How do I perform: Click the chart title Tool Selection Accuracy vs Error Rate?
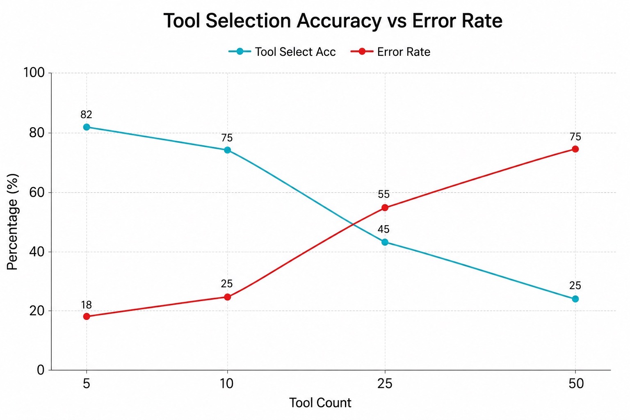pyautogui.click(x=333, y=21)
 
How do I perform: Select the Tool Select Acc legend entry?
pyautogui.click(x=282, y=52)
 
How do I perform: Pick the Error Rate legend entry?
pyautogui.click(x=390, y=52)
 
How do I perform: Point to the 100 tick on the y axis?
pyautogui.click(x=34, y=73)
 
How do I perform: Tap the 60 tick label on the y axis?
pyautogui.click(x=37, y=192)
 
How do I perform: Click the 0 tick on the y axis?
pyautogui.click(x=41, y=370)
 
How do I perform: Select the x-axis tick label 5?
pyautogui.click(x=87, y=384)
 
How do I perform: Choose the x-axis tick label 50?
pyautogui.click(x=576, y=384)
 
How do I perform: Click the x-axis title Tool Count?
pyautogui.click(x=320, y=403)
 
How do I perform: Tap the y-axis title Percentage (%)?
pyautogui.click(x=12, y=221)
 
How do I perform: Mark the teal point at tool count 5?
pyautogui.click(x=87, y=127)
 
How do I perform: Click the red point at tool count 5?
pyautogui.click(x=87, y=317)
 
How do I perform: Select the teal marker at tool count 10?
pyautogui.click(x=228, y=150)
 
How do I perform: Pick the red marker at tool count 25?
pyautogui.click(x=385, y=208)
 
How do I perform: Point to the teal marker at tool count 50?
pyautogui.click(x=575, y=299)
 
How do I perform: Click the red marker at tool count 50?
pyautogui.click(x=575, y=149)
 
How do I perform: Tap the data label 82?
pyautogui.click(x=87, y=115)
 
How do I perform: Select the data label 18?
pyautogui.click(x=87, y=305)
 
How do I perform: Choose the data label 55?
pyautogui.click(x=383, y=194)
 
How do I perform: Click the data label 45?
pyautogui.click(x=383, y=229)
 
